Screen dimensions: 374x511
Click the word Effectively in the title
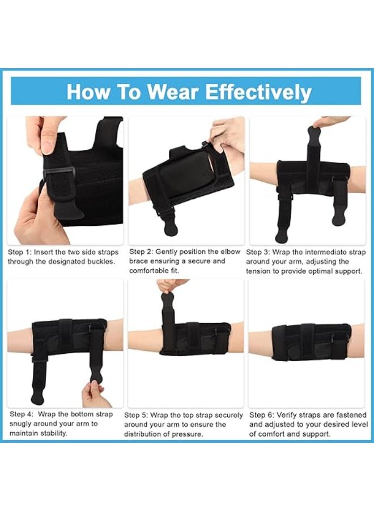click(x=258, y=92)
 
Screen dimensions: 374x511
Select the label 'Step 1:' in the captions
click(x=20, y=252)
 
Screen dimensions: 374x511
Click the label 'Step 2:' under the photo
click(x=141, y=252)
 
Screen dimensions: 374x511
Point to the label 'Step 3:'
click(x=258, y=252)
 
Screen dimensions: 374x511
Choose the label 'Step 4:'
click(x=22, y=414)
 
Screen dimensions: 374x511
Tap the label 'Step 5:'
click(x=136, y=415)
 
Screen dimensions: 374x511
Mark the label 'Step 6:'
click(x=261, y=415)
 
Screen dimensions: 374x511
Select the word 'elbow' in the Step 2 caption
click(x=230, y=252)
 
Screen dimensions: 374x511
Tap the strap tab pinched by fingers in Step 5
click(x=168, y=300)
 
